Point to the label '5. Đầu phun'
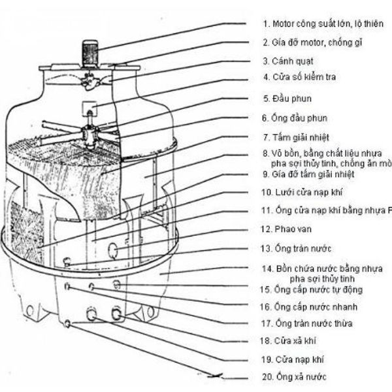click(x=287, y=99)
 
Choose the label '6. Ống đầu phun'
click(x=295, y=118)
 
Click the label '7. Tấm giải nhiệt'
click(x=296, y=138)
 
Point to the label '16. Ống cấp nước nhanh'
click(x=309, y=306)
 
